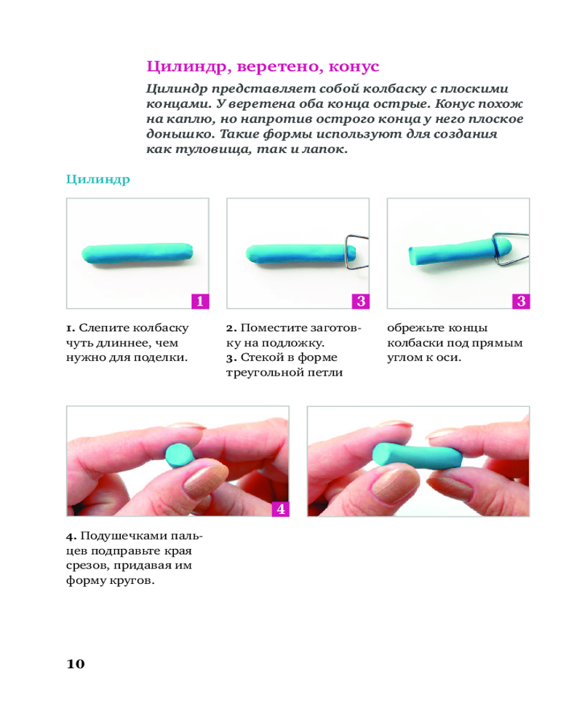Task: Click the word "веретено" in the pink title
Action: tap(280, 67)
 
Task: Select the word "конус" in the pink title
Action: tap(354, 67)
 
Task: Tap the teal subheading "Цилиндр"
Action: tap(98, 180)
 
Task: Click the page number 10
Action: tap(76, 664)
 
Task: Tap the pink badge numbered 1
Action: tap(200, 301)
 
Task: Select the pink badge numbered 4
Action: tap(280, 509)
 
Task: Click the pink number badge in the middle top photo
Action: tap(361, 301)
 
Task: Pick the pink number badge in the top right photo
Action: tap(521, 301)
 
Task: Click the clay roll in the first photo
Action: tap(137, 254)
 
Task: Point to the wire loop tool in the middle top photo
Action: tap(356, 252)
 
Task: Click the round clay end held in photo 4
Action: tap(179, 456)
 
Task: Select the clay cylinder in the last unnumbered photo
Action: tap(417, 456)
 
